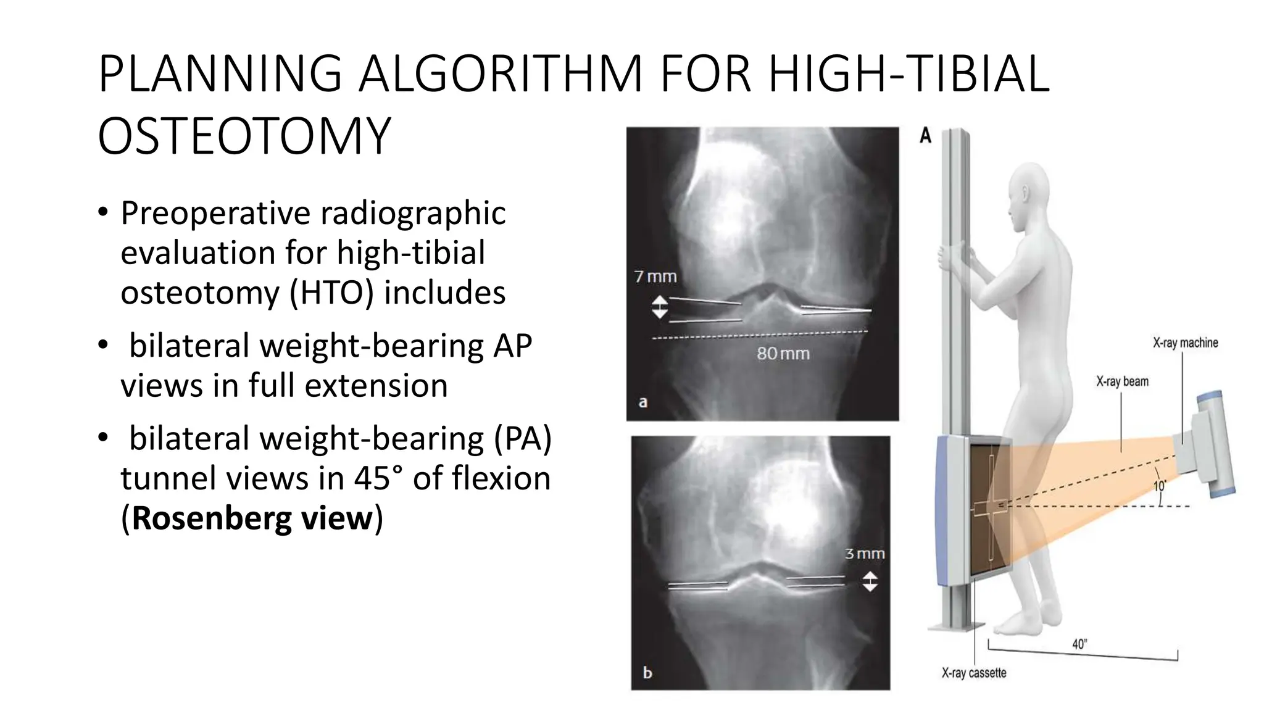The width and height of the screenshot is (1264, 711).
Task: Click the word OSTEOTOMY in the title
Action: click(244, 136)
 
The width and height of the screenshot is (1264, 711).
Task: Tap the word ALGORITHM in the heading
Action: click(501, 75)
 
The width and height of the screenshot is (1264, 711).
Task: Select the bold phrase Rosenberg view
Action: click(252, 518)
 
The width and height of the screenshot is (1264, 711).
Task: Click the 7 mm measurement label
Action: click(655, 276)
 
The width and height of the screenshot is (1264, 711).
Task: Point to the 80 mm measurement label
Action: click(783, 354)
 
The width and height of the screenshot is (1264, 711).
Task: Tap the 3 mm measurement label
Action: click(865, 554)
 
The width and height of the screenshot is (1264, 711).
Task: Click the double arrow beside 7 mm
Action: click(659, 307)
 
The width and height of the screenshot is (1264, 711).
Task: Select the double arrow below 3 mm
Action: click(870, 581)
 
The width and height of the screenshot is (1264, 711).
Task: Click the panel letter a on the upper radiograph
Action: click(643, 402)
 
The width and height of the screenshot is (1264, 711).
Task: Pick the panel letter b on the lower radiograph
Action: click(647, 672)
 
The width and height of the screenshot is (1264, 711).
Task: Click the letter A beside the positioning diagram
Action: click(925, 135)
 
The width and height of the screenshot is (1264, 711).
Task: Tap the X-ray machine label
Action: click(1185, 343)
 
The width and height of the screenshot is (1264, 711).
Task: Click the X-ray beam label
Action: click(1122, 381)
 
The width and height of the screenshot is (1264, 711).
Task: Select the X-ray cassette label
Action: click(973, 673)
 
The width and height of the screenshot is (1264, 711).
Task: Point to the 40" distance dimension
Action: click(1079, 644)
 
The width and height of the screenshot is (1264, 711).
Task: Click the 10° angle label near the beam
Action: click(1160, 486)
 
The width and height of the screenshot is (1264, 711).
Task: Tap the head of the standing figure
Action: click(1029, 188)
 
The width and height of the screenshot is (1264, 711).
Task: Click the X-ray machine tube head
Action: click(1210, 444)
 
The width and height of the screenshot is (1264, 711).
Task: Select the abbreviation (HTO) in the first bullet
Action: click(331, 293)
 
